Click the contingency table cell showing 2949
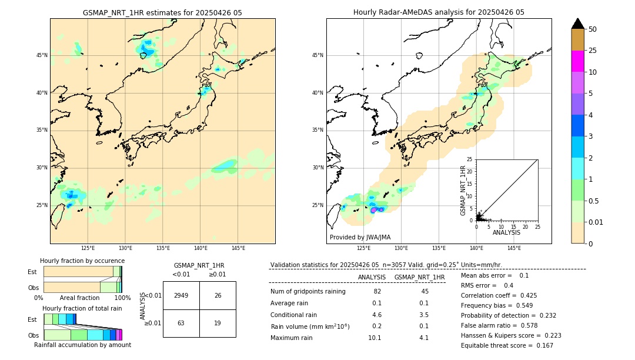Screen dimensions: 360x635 tap(181, 295)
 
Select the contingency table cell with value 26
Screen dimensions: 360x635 tap(218, 295)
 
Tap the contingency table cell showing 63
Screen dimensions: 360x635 tap(181, 323)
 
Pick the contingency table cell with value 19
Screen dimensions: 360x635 tap(218, 323)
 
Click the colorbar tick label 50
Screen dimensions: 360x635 tap(593, 29)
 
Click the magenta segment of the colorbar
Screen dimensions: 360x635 tap(578, 61)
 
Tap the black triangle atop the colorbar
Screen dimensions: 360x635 tap(578, 24)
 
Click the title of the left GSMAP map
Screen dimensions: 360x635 tap(162, 12)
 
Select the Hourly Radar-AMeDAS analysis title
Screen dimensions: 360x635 tap(439, 12)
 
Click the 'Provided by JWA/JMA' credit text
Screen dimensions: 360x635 tap(360, 237)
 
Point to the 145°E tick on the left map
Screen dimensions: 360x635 tap(238, 248)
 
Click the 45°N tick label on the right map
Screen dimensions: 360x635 tap(317, 55)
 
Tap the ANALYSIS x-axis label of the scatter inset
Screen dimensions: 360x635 tap(506, 232)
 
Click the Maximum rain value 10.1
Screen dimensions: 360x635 tap(375, 338)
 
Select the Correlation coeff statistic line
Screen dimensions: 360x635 tap(499, 295)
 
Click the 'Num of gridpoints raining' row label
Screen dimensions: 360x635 tap(308, 291)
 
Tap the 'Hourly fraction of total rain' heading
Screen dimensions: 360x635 tap(82, 308)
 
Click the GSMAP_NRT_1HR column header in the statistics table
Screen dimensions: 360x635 tap(419, 277)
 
